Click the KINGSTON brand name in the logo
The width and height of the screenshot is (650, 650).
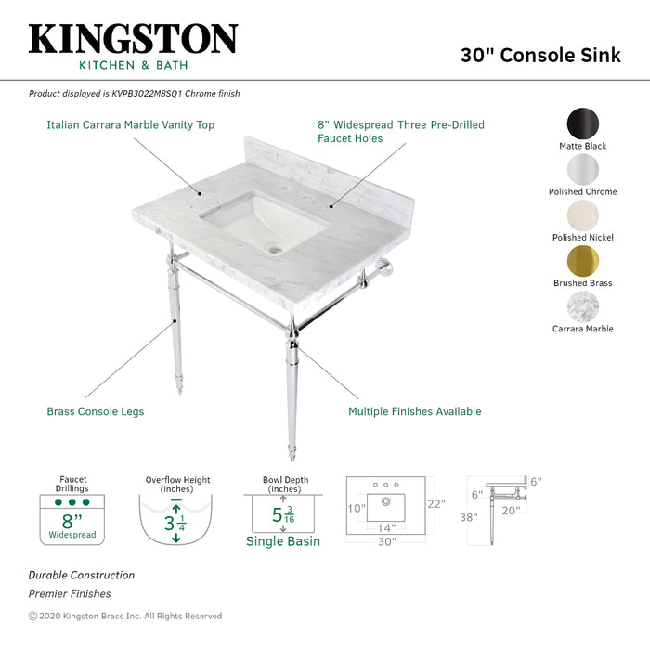coord(133,40)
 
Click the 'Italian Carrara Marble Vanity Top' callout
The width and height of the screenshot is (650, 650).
coord(131,124)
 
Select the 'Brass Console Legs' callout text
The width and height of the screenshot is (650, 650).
coord(96,411)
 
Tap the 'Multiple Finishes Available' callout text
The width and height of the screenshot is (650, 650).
coord(414,411)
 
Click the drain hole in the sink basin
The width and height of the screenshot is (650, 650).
coord(275,249)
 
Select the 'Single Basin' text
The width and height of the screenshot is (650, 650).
coord(283,541)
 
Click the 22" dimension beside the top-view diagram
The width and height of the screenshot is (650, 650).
coord(436,504)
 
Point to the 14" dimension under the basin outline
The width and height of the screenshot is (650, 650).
coord(385,527)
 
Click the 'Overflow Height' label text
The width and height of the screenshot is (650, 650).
coord(177,480)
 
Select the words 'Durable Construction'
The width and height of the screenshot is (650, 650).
coord(82,576)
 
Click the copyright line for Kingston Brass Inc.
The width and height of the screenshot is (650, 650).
coord(125,616)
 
